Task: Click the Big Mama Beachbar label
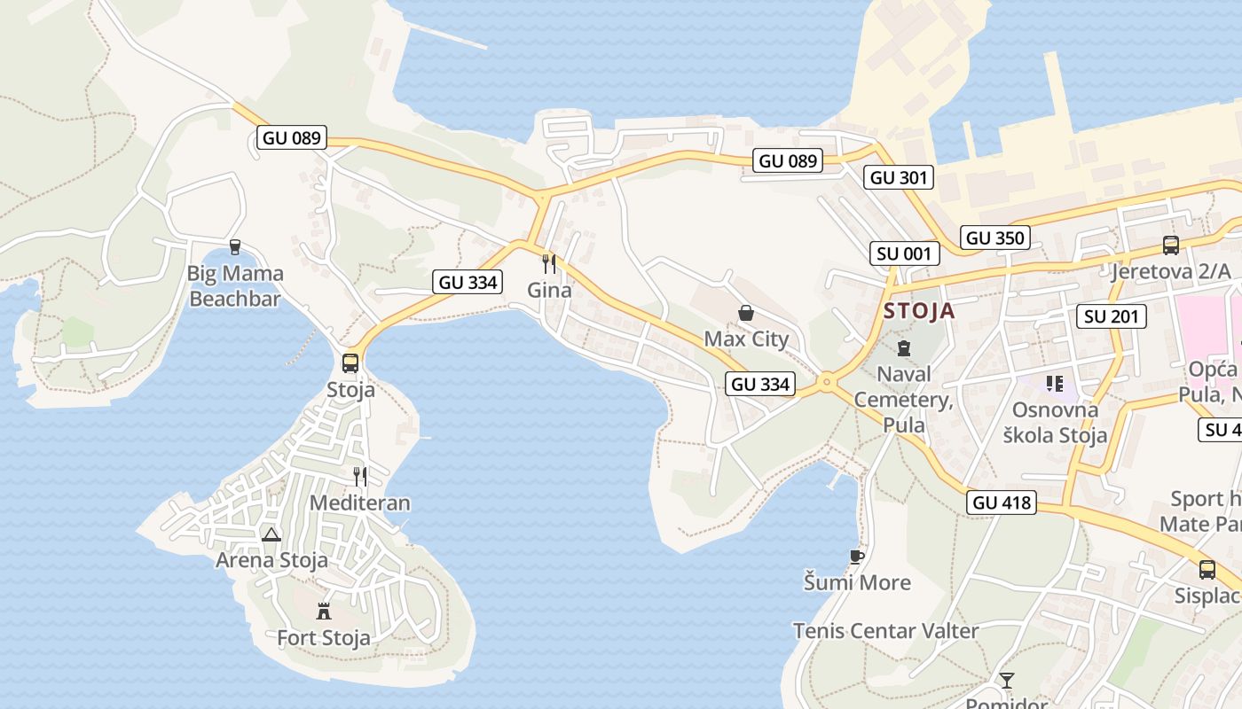click(235, 285)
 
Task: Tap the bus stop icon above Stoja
click(350, 362)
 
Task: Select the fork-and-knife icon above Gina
click(549, 263)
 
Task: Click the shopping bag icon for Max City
click(746, 313)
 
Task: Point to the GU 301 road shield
click(899, 177)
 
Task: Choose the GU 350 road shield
click(995, 238)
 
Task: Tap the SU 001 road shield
click(903, 253)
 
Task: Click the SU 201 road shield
click(1112, 316)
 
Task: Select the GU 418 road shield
click(1002, 503)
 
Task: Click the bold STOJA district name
click(919, 311)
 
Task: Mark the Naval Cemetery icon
click(903, 348)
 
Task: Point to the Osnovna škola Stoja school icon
click(1054, 384)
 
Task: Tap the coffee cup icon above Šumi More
click(856, 557)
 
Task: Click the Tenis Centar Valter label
click(885, 631)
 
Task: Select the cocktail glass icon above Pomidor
click(1006, 681)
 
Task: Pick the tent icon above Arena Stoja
click(271, 534)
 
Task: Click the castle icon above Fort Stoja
click(324, 611)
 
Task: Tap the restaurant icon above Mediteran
click(360, 477)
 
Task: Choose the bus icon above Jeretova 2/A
click(1171, 245)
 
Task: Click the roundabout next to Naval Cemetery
click(827, 383)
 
